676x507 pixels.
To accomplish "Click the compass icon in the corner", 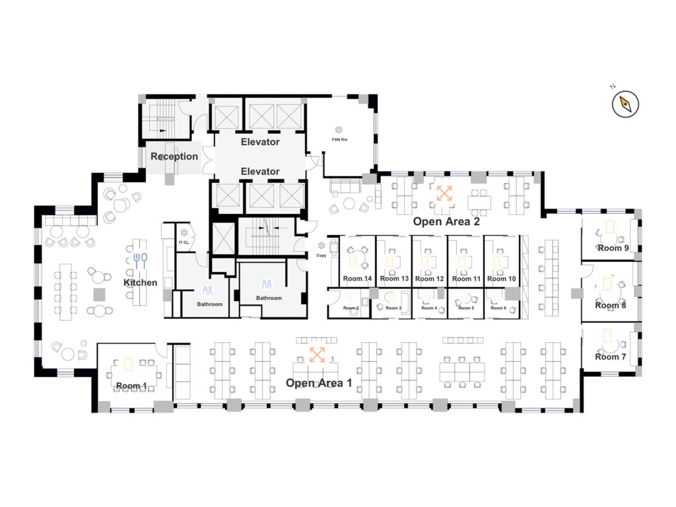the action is coord(625,104).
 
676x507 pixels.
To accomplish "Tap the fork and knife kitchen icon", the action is coord(141,261).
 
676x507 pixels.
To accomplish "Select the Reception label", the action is coord(174,156).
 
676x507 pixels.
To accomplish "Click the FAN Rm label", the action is coord(339,140).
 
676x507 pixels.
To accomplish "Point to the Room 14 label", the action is coord(357,279).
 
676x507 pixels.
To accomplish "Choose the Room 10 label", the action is coord(502,279).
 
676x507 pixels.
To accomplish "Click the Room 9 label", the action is coord(613,248).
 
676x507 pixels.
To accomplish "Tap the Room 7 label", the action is coord(611,356).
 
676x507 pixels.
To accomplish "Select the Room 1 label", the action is coord(131,386).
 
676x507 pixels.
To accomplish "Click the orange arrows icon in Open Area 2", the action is coord(444,193).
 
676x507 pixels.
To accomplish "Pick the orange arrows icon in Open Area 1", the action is coord(317,355).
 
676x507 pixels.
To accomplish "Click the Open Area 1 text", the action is coord(319,383).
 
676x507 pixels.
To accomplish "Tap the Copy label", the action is coord(321,255).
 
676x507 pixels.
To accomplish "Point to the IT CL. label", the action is coord(184,242).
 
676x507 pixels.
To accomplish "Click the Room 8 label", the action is coord(611,305).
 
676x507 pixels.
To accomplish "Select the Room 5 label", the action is coord(466,308).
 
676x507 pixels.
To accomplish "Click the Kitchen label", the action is coord(141,283).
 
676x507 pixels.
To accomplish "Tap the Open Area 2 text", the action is coord(446,222).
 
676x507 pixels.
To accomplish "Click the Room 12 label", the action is coord(429,279).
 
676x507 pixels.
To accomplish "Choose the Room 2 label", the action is coord(351,308).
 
